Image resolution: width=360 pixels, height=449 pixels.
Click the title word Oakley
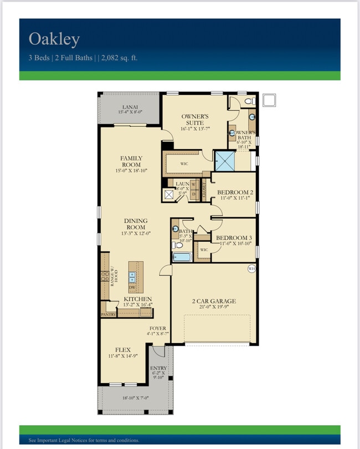(54, 39)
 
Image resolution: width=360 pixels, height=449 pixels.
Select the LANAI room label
(130, 107)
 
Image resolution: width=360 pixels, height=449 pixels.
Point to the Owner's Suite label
(193, 120)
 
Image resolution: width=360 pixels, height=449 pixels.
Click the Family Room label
(131, 161)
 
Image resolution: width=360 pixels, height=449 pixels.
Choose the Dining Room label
(135, 223)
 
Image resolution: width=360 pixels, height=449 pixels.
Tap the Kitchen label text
(137, 299)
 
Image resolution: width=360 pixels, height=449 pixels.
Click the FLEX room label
(122, 350)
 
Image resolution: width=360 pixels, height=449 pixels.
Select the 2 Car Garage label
(214, 302)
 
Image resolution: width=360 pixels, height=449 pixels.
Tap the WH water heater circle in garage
(251, 269)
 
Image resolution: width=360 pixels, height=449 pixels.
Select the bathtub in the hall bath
(182, 257)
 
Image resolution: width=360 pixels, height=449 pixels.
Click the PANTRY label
(108, 314)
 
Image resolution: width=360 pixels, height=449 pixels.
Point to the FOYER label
(157, 328)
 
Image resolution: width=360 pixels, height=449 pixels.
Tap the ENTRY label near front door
(158, 368)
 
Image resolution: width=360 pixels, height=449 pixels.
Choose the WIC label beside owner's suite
(184, 164)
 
